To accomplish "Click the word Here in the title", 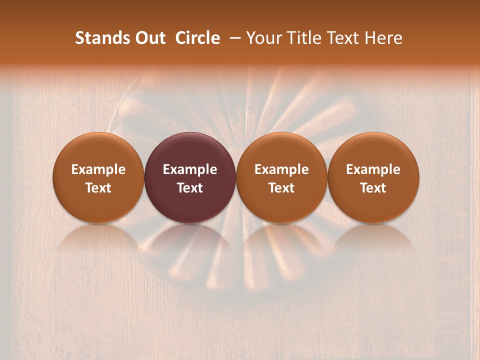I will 383,38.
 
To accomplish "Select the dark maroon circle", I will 190,177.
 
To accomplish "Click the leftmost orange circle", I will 98,177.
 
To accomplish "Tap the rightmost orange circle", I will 373,177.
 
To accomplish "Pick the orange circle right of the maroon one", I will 281,177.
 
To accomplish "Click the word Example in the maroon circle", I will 190,169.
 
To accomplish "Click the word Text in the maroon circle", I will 190,188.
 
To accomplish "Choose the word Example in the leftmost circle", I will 98,169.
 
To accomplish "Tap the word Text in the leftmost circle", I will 98,188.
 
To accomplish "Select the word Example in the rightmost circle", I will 373,169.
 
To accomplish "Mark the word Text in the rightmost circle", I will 373,188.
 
